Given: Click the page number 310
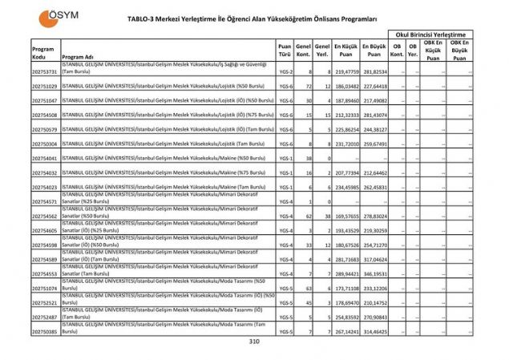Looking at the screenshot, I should (x=254, y=342).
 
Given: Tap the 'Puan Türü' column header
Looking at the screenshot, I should (x=284, y=51).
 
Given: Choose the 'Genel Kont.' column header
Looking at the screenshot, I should (x=303, y=51).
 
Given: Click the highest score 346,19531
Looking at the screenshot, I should (x=374, y=273).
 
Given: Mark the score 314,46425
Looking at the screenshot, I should (x=374, y=330).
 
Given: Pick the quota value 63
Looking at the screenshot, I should (x=307, y=288).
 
